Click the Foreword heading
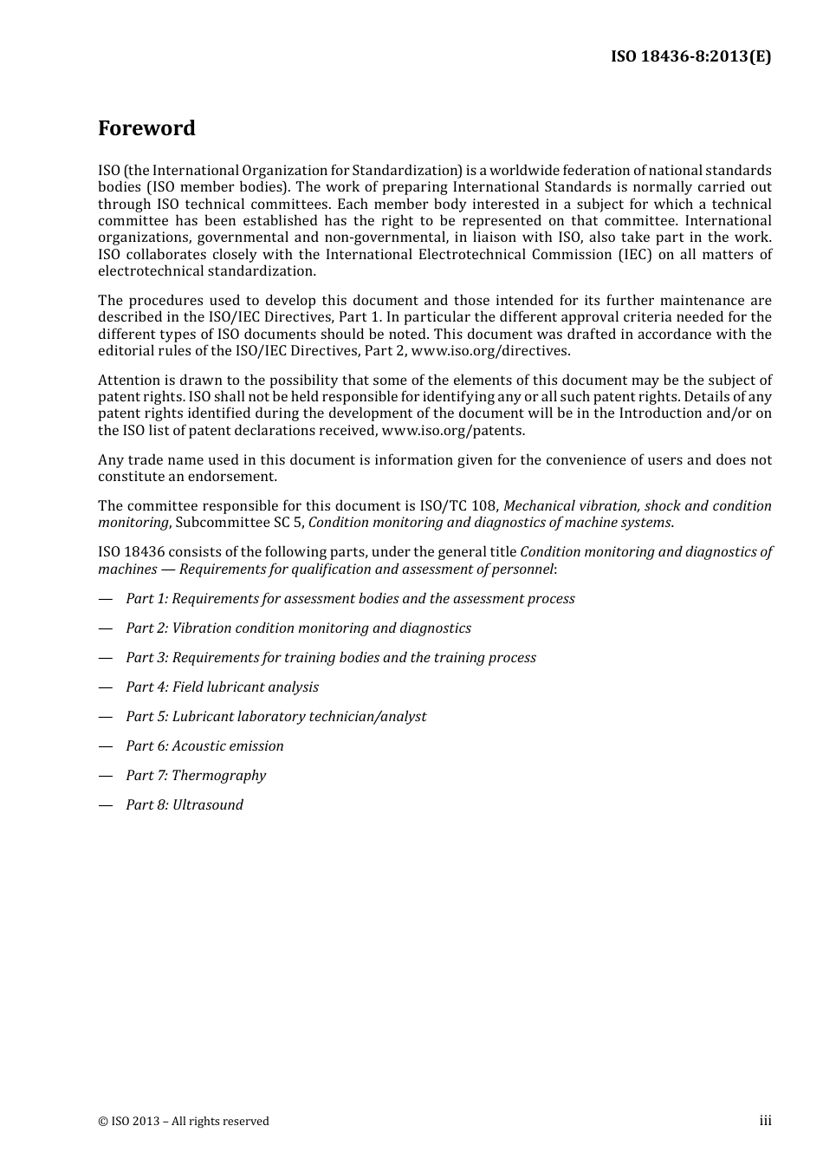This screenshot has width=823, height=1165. click(x=146, y=128)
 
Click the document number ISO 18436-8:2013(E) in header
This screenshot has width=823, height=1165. click(x=690, y=56)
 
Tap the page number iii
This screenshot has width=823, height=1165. click(x=765, y=1121)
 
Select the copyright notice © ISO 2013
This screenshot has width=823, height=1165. click(x=183, y=1122)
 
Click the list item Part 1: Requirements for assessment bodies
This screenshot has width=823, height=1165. click(x=350, y=599)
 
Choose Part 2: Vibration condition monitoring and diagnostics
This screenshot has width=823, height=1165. click(x=298, y=628)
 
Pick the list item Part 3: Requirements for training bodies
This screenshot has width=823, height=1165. click(x=330, y=658)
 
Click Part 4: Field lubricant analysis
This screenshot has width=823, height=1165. click(x=222, y=687)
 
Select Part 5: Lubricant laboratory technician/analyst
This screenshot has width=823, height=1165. click(x=275, y=717)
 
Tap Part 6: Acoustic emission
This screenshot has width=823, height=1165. click(x=204, y=746)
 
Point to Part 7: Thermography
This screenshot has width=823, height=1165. click(x=196, y=776)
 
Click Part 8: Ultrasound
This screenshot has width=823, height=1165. click(x=185, y=805)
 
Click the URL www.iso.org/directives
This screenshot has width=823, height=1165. click(x=489, y=351)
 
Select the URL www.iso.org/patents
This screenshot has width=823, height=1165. click(x=452, y=431)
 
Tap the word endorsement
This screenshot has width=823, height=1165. click(x=237, y=477)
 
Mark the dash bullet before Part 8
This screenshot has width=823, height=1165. click(x=106, y=805)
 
